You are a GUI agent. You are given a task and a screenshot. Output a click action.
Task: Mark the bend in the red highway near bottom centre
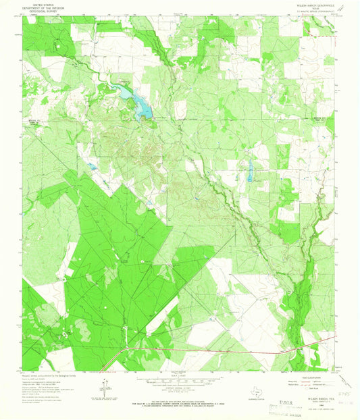coord(124,350)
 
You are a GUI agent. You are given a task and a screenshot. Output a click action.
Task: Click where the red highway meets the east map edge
coord(335,336)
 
